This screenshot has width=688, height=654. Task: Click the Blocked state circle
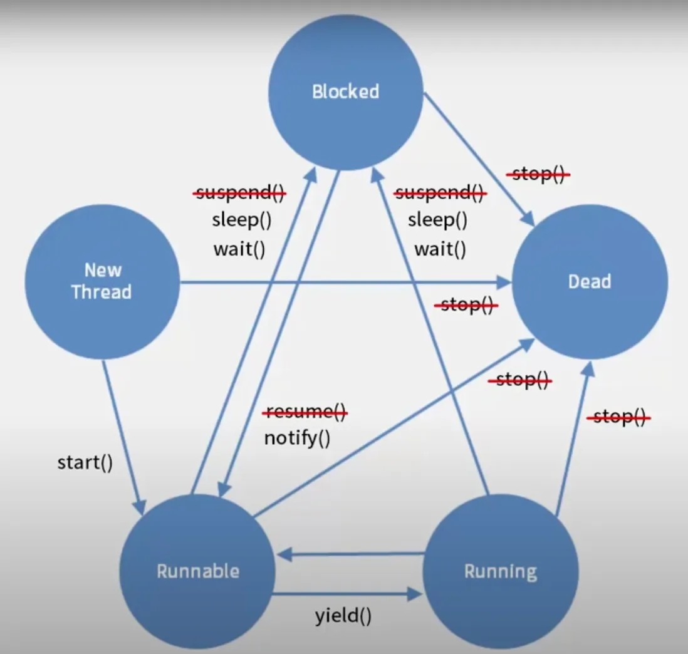(346, 92)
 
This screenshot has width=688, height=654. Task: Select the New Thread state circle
(102, 281)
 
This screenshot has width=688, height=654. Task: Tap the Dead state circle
(590, 281)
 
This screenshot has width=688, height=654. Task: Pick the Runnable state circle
(197, 571)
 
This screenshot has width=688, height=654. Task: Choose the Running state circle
(500, 571)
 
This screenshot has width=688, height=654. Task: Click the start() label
(85, 464)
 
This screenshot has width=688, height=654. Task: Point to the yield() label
(343, 616)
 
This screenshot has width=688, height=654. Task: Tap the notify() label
(297, 437)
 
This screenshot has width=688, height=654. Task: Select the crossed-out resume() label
(305, 412)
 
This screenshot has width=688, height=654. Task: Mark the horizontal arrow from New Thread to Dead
(345, 283)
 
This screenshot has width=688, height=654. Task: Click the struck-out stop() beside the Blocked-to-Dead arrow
(538, 175)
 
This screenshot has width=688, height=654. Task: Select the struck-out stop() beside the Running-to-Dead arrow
(618, 417)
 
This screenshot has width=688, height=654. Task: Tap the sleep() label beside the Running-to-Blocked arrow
(437, 221)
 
